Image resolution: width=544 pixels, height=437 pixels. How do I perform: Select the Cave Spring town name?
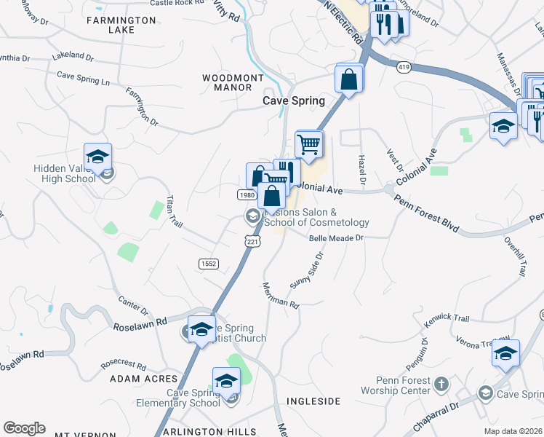(293, 101)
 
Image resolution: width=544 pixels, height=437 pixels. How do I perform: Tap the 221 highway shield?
(252, 241)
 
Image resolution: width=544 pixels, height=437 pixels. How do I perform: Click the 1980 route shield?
(246, 195)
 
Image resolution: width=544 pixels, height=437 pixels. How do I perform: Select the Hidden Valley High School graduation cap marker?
(97, 157)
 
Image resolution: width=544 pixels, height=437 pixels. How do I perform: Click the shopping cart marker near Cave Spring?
(310, 143)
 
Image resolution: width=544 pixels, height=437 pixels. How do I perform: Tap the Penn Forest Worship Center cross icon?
(441, 383)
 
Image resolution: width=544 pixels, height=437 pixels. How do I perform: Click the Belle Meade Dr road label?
(335, 238)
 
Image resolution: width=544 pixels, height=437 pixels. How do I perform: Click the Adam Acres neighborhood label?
(143, 379)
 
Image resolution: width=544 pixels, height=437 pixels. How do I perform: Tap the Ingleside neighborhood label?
(313, 401)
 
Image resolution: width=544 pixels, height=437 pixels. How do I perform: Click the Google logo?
(24, 428)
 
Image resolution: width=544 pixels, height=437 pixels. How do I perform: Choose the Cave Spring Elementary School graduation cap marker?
(226, 380)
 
